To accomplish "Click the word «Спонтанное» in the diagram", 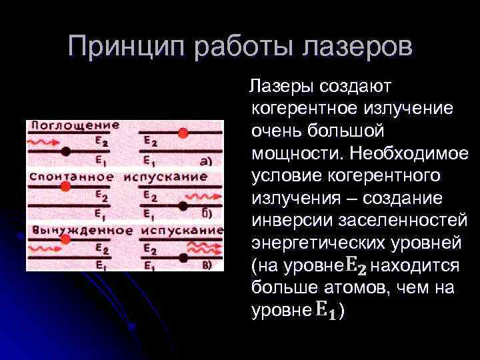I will [x=65, y=177].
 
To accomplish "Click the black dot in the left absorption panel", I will [x=65, y=152].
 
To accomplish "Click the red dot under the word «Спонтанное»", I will [x=65, y=187].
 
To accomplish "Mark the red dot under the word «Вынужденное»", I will [x=65, y=239].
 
